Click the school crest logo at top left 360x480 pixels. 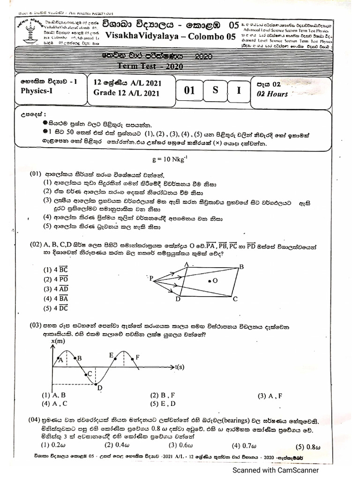(x=29, y=33)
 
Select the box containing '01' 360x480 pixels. (x=189, y=90)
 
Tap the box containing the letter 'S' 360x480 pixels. (x=215, y=90)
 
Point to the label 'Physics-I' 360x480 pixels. (x=37, y=91)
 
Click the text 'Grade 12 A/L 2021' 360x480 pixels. (x=127, y=93)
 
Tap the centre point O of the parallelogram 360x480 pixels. (x=210, y=281)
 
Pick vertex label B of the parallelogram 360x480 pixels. (x=242, y=267)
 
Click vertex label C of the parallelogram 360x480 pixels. (x=235, y=299)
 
